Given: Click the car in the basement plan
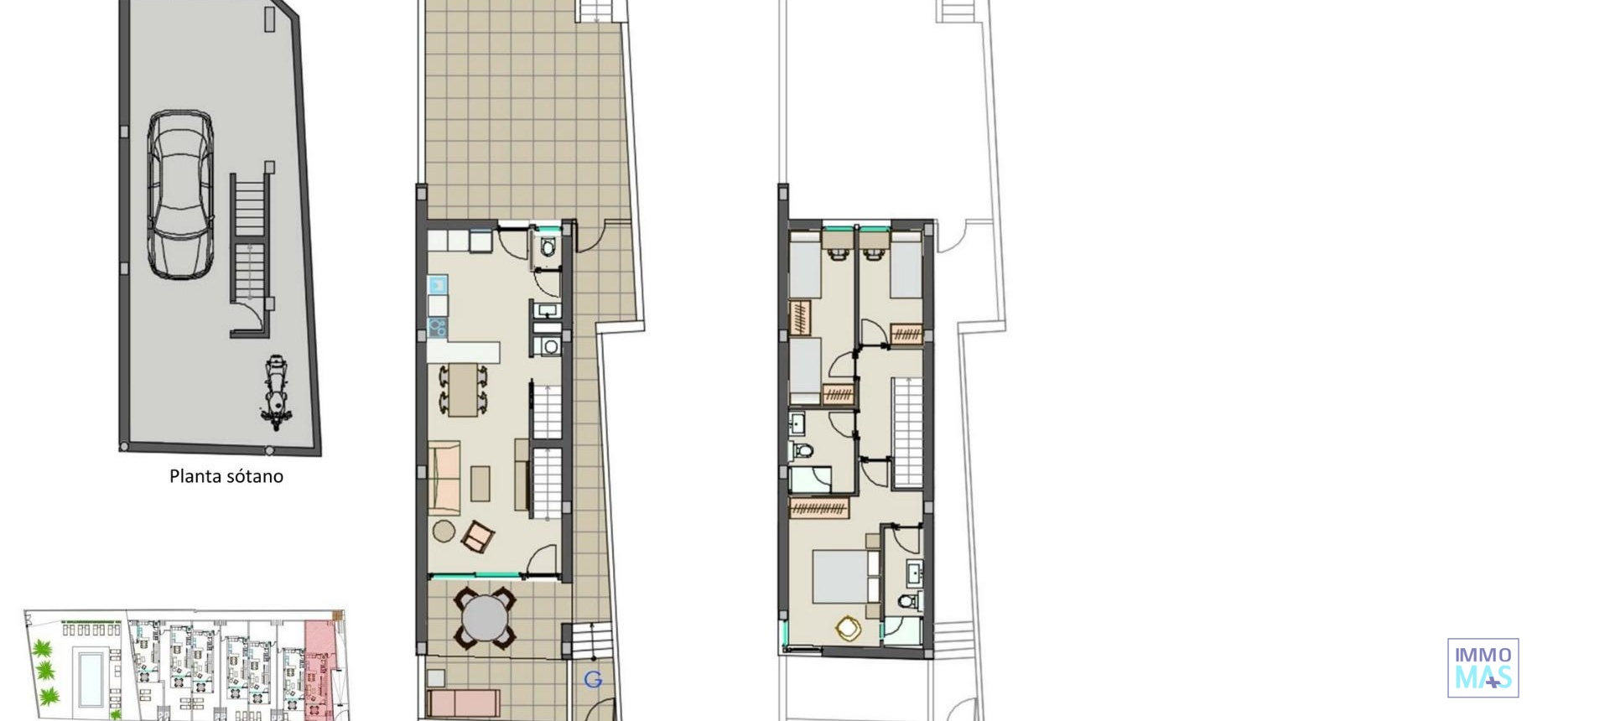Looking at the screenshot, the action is click(x=180, y=195).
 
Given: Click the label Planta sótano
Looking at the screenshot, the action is click(x=226, y=476).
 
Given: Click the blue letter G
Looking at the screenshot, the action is click(x=593, y=680).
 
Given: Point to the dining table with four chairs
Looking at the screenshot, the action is click(x=462, y=390).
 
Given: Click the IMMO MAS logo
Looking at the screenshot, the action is click(x=1483, y=668).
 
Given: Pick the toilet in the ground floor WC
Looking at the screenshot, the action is click(x=548, y=247).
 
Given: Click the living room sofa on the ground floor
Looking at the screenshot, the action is click(x=444, y=476).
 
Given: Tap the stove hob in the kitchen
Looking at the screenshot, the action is click(x=437, y=327).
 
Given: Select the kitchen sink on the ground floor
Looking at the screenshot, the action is click(x=438, y=284).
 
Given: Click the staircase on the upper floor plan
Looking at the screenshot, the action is click(x=907, y=432).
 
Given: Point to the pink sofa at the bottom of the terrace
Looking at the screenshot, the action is click(x=464, y=702).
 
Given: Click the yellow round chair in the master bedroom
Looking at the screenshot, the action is click(x=849, y=628).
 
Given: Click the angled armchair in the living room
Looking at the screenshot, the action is click(x=479, y=537).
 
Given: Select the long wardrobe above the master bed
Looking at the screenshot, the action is click(x=819, y=507).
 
